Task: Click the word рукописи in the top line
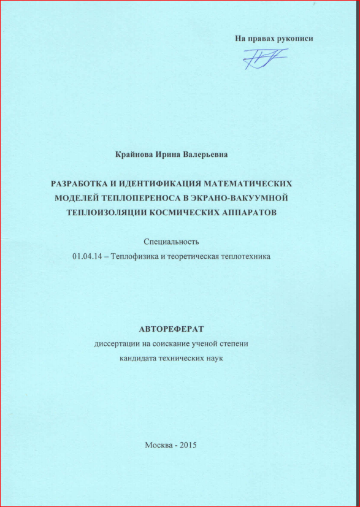(x=293, y=39)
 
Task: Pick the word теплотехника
(x=247, y=256)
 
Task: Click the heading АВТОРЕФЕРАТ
(x=171, y=329)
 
